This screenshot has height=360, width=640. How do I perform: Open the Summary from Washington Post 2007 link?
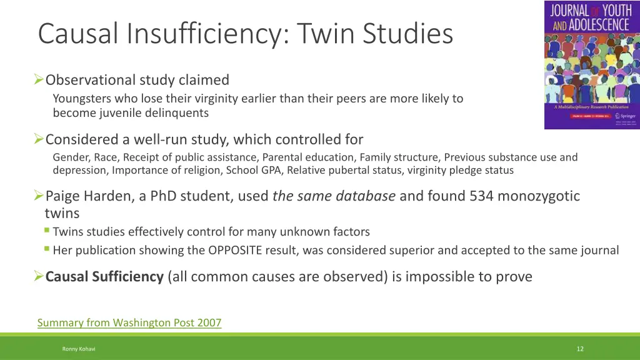click(x=129, y=322)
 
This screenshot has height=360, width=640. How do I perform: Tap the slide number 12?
click(x=580, y=349)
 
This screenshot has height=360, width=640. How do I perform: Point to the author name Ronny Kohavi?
click(x=78, y=349)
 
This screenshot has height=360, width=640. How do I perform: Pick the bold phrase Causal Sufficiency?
click(x=104, y=276)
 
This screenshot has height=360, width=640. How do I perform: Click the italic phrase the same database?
click(x=334, y=196)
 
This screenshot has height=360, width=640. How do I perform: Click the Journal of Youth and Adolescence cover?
click(x=591, y=65)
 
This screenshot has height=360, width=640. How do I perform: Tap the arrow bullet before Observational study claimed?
click(x=39, y=80)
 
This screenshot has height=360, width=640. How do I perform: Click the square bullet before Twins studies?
click(x=47, y=231)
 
